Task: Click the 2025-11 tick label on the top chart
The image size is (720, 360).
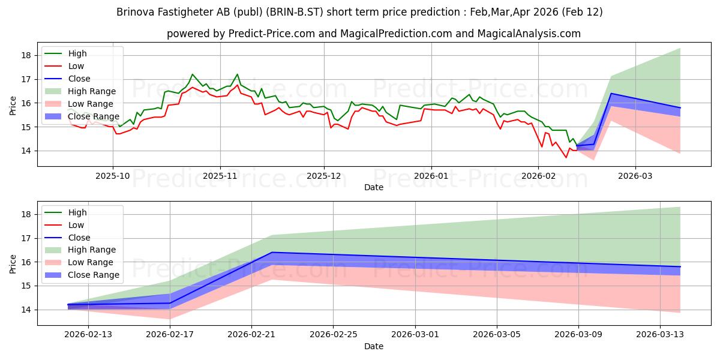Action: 220,176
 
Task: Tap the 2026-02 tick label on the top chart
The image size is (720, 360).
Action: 538,176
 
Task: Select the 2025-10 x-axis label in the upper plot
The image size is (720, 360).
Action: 113,176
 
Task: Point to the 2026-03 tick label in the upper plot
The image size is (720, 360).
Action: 635,176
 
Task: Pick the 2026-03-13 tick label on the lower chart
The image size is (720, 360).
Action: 660,335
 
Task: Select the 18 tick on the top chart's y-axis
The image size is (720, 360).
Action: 26,55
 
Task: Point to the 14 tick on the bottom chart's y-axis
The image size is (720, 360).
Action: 26,310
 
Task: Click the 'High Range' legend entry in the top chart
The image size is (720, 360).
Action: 92,91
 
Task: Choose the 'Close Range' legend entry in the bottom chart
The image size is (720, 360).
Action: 94,275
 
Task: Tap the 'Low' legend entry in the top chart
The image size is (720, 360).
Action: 76,66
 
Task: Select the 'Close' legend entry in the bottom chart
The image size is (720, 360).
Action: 79,238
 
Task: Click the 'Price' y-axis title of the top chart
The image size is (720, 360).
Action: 13,106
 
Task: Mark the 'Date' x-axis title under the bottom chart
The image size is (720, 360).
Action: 373,346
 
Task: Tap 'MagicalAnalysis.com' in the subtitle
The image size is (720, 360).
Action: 529,34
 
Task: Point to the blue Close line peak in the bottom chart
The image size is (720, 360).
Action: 272,252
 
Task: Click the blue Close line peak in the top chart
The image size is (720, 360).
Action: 611,93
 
